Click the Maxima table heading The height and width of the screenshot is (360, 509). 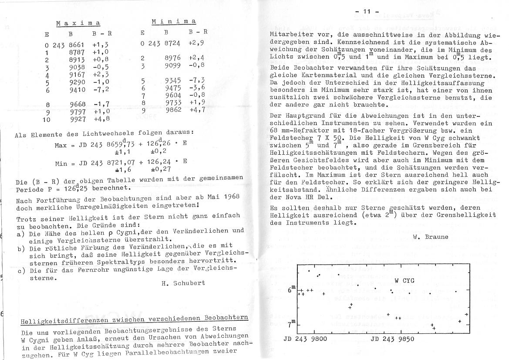[x=78, y=23]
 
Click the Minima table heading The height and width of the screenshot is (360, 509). [x=174, y=21]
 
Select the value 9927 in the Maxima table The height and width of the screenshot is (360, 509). [x=78, y=119]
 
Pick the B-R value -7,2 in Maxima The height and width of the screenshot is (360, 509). [x=101, y=90]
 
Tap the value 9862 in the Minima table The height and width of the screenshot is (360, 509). [x=173, y=110]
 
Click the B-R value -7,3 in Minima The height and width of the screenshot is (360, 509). [x=197, y=81]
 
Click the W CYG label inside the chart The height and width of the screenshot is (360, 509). [x=404, y=280]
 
